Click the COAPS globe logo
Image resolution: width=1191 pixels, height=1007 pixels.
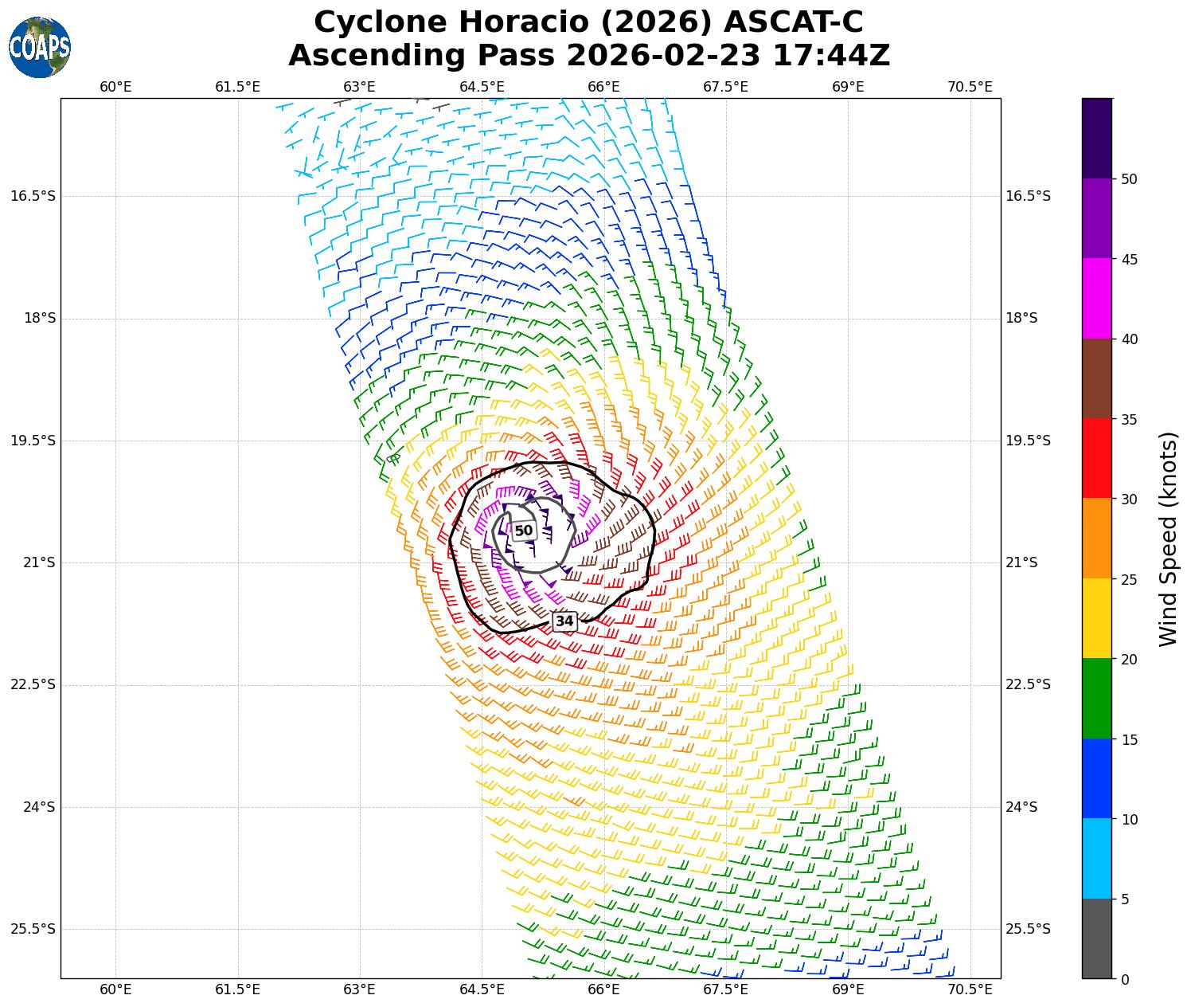pos(40,48)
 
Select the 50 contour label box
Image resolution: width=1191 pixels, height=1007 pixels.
pos(523,531)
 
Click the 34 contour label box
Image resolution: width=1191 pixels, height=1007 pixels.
pos(564,621)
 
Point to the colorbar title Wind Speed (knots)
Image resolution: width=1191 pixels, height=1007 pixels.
pos(1167,539)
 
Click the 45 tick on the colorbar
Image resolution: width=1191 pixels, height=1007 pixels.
pos(1128,259)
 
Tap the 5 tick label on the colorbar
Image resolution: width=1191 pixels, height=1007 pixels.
pos(1125,899)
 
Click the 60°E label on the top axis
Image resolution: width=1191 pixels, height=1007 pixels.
pos(115,87)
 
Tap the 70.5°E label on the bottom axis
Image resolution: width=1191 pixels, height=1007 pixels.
pos(970,989)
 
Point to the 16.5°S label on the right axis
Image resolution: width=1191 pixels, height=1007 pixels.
pos(1028,196)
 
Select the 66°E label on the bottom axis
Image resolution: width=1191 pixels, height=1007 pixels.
pos(603,989)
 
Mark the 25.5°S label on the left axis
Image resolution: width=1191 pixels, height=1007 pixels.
pos(33,929)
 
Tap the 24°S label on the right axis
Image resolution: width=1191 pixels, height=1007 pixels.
pos(1022,807)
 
